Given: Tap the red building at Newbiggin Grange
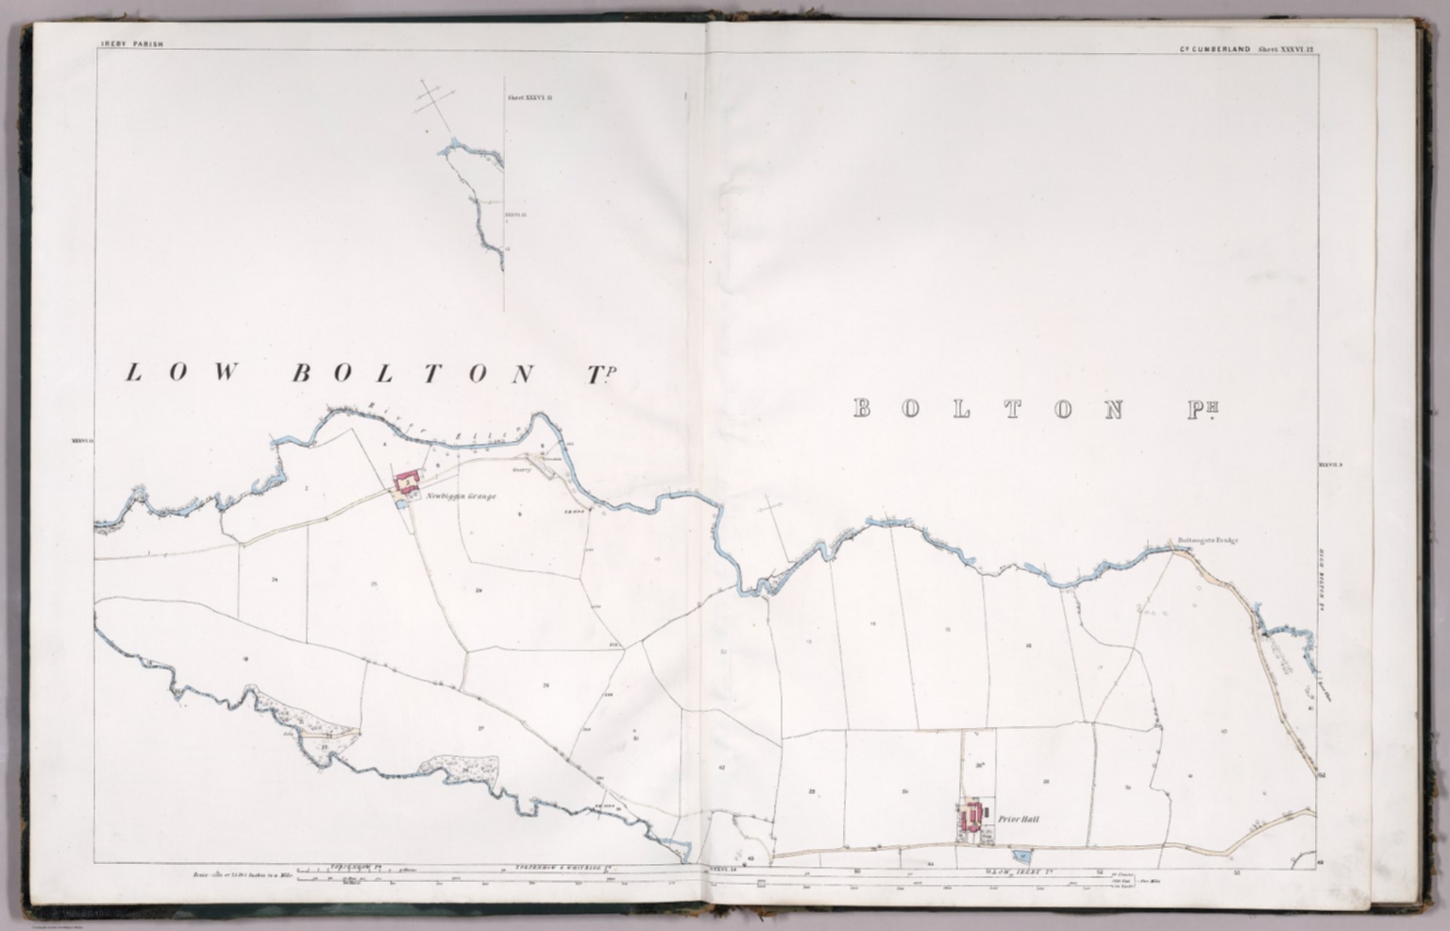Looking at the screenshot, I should (407, 482).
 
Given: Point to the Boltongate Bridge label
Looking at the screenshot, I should (1206, 541).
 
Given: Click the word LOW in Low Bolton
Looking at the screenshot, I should (181, 373).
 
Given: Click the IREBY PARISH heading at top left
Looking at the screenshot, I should (131, 44).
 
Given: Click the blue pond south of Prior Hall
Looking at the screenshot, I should (1026, 855).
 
